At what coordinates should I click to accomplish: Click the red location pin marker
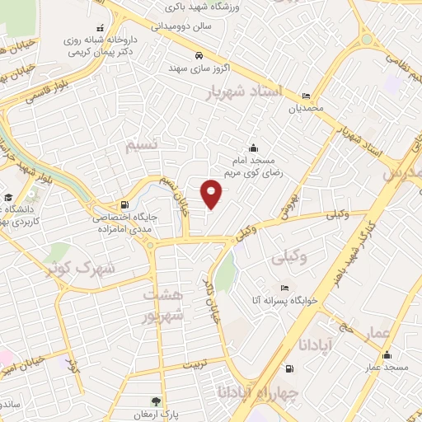(x=212, y=193)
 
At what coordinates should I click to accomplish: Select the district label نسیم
(x=144, y=146)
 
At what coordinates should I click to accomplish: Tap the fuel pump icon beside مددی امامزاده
(x=124, y=204)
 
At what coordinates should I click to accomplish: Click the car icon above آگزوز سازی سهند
(x=198, y=55)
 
